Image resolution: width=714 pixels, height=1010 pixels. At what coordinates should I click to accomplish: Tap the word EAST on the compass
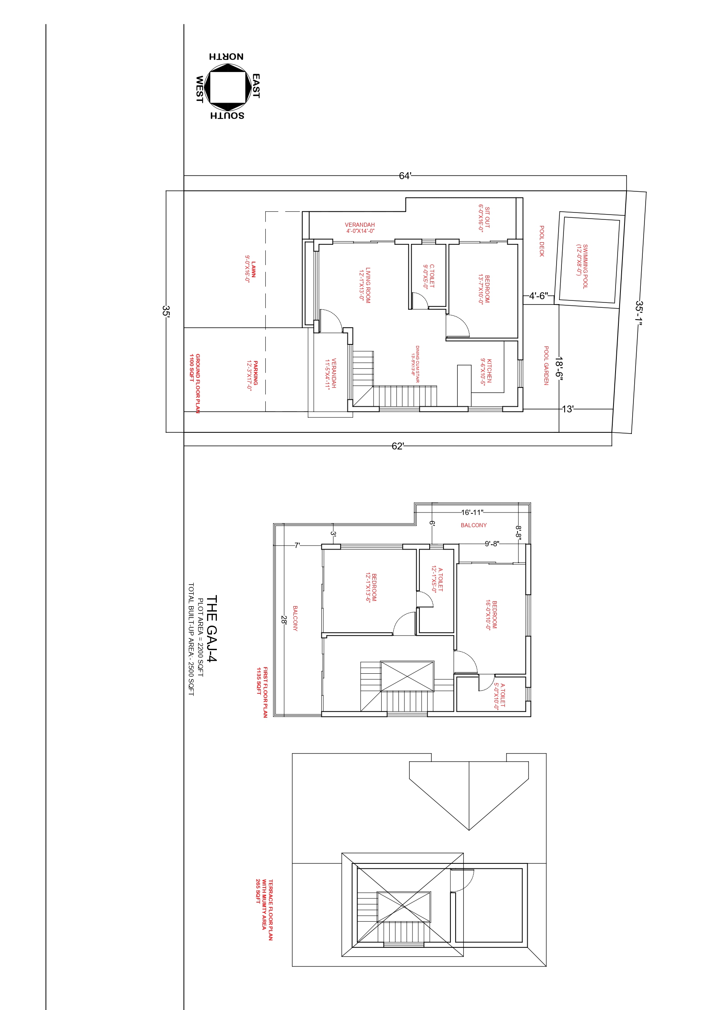(x=255, y=86)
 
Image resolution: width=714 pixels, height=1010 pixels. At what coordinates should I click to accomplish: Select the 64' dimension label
(x=405, y=176)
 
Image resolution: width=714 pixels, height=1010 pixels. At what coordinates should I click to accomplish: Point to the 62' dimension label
(x=397, y=446)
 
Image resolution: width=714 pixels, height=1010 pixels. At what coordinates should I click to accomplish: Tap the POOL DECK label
(x=542, y=241)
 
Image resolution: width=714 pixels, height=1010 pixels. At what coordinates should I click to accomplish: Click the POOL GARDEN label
(x=546, y=366)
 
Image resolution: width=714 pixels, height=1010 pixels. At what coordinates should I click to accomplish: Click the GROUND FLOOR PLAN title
(x=195, y=383)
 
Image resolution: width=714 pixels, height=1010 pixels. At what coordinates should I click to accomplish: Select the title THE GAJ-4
(x=212, y=629)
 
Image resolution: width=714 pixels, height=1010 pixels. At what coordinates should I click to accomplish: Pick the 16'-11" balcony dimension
(x=472, y=513)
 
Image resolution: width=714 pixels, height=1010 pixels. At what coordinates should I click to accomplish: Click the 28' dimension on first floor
(x=284, y=620)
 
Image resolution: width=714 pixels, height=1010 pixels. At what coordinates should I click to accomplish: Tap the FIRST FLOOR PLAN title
(x=262, y=692)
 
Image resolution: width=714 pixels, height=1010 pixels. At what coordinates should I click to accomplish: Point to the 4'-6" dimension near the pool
(x=539, y=296)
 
